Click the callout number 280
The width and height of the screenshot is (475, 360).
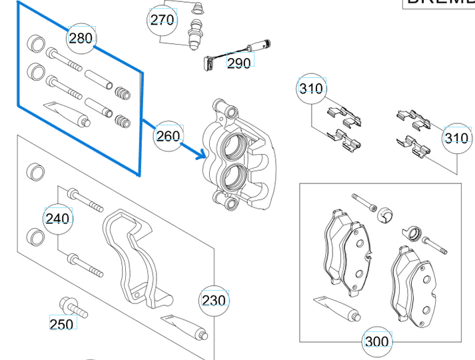81,38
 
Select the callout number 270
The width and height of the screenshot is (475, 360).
162,20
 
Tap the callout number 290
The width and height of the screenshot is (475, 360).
238,63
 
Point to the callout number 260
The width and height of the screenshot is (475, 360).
168,136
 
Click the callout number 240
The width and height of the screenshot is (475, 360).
57,218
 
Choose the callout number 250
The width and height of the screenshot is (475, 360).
61,324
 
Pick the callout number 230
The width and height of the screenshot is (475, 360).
214,301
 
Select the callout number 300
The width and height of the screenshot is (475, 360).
376,342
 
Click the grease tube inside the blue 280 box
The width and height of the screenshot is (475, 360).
67,113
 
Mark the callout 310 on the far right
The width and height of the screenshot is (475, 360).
456,138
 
